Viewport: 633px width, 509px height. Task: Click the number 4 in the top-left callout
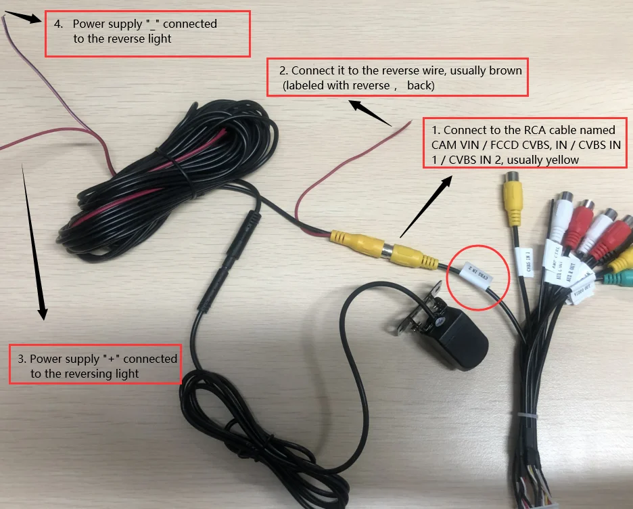58,24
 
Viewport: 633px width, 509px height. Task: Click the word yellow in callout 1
557,159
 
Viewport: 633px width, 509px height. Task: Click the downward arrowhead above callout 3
42,313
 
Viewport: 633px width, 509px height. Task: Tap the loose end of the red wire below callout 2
411,122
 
